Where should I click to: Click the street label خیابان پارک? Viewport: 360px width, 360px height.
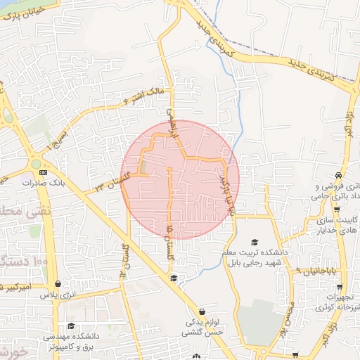pos(27,12)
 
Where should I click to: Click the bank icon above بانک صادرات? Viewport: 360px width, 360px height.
pos(44,172)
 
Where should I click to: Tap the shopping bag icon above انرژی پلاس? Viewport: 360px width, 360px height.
pos(57,285)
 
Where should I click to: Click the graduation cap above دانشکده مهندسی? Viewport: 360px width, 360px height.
pos(71,326)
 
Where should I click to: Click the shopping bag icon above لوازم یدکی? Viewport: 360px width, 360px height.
pos(202,311)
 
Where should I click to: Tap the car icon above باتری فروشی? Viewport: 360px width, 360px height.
pos(339,174)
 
